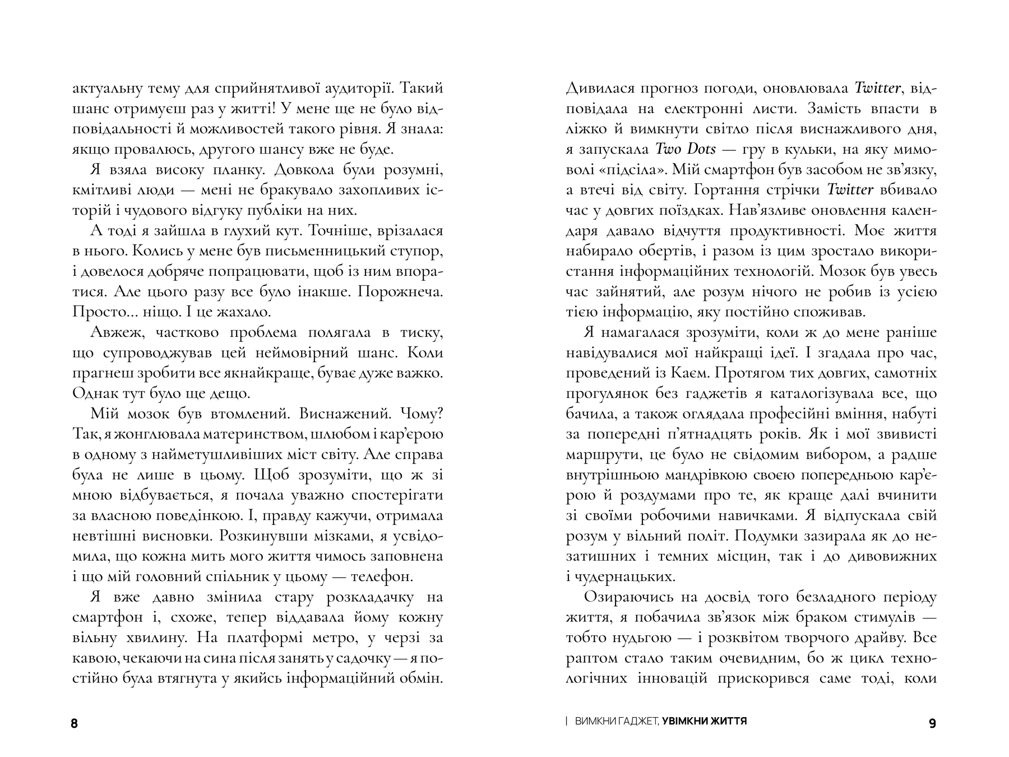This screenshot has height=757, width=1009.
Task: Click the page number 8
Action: (75, 724)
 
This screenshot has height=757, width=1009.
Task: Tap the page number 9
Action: (932, 724)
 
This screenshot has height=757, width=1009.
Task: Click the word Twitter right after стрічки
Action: (850, 190)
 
